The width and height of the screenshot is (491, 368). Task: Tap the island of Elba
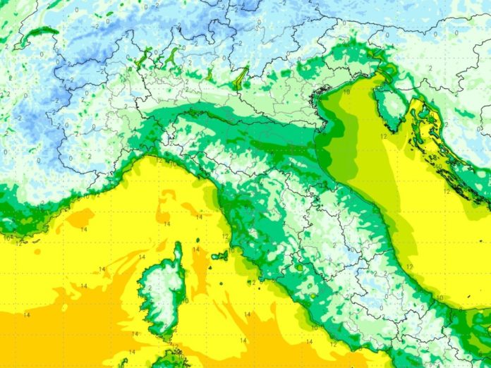coord(219,255)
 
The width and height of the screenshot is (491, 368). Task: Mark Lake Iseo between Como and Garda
coord(212,73)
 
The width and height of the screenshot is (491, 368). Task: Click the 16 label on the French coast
coord(5,238)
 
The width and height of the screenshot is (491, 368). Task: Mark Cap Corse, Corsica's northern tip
coord(176,248)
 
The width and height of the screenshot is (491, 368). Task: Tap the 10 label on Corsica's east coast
coord(186,301)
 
